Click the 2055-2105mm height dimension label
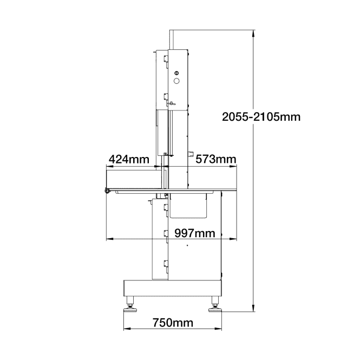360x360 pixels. coord(261,117)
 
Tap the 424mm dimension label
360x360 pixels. coord(129,159)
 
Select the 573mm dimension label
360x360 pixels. coord(216,159)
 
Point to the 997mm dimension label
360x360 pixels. coord(195,233)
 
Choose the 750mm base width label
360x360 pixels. coord(173,323)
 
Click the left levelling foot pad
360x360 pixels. coord(130,310)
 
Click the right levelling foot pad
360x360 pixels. coord(215,310)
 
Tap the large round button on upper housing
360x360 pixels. coord(176,81)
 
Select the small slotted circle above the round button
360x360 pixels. coord(176,73)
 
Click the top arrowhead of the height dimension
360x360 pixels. coord(253,34)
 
